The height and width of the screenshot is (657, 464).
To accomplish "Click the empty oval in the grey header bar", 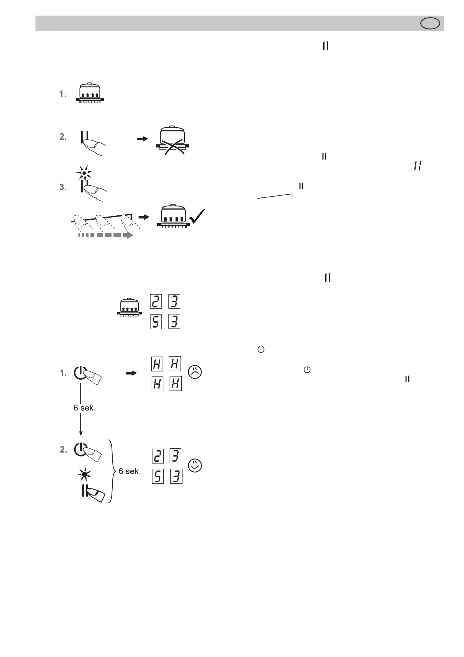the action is click(x=430, y=23).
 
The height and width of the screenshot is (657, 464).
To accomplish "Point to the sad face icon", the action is click(x=195, y=371).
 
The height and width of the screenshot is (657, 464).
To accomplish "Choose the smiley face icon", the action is click(x=195, y=465).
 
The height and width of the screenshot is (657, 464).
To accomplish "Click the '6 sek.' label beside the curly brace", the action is click(x=130, y=471).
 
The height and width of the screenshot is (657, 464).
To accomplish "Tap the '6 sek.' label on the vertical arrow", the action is click(x=85, y=408).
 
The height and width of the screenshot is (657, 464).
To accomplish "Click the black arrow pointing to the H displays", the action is click(x=132, y=373).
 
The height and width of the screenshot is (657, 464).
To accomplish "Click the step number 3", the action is click(x=63, y=187).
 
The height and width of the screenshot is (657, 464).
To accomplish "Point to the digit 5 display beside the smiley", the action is click(x=158, y=476).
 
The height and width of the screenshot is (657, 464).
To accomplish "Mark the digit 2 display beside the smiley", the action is click(x=158, y=456).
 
